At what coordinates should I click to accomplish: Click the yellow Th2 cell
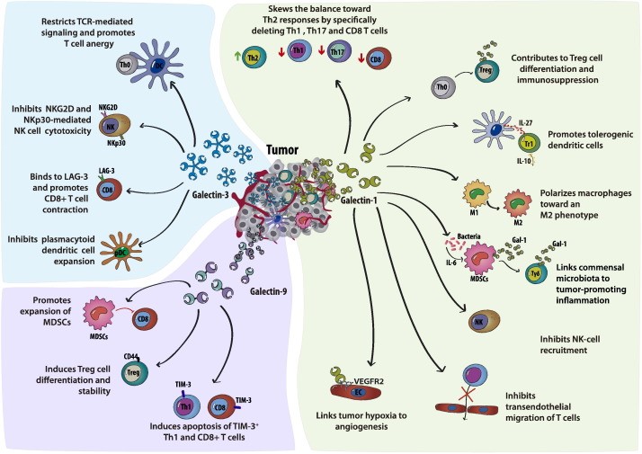254,58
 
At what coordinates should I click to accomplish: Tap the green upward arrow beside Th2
236,58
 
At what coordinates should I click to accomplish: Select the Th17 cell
339,51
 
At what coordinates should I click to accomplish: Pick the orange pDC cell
121,252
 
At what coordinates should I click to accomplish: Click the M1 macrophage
477,195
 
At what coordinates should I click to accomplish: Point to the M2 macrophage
517,203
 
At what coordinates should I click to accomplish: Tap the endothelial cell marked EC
355,392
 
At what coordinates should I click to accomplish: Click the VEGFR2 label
369,381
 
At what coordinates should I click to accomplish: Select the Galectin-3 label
210,195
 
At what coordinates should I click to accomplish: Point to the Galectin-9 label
269,291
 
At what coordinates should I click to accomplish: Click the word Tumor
282,150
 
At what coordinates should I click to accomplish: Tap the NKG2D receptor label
108,107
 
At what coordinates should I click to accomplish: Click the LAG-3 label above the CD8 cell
107,171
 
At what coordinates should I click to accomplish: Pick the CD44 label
130,357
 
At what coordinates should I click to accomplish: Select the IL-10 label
524,161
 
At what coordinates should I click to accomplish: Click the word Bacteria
468,236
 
